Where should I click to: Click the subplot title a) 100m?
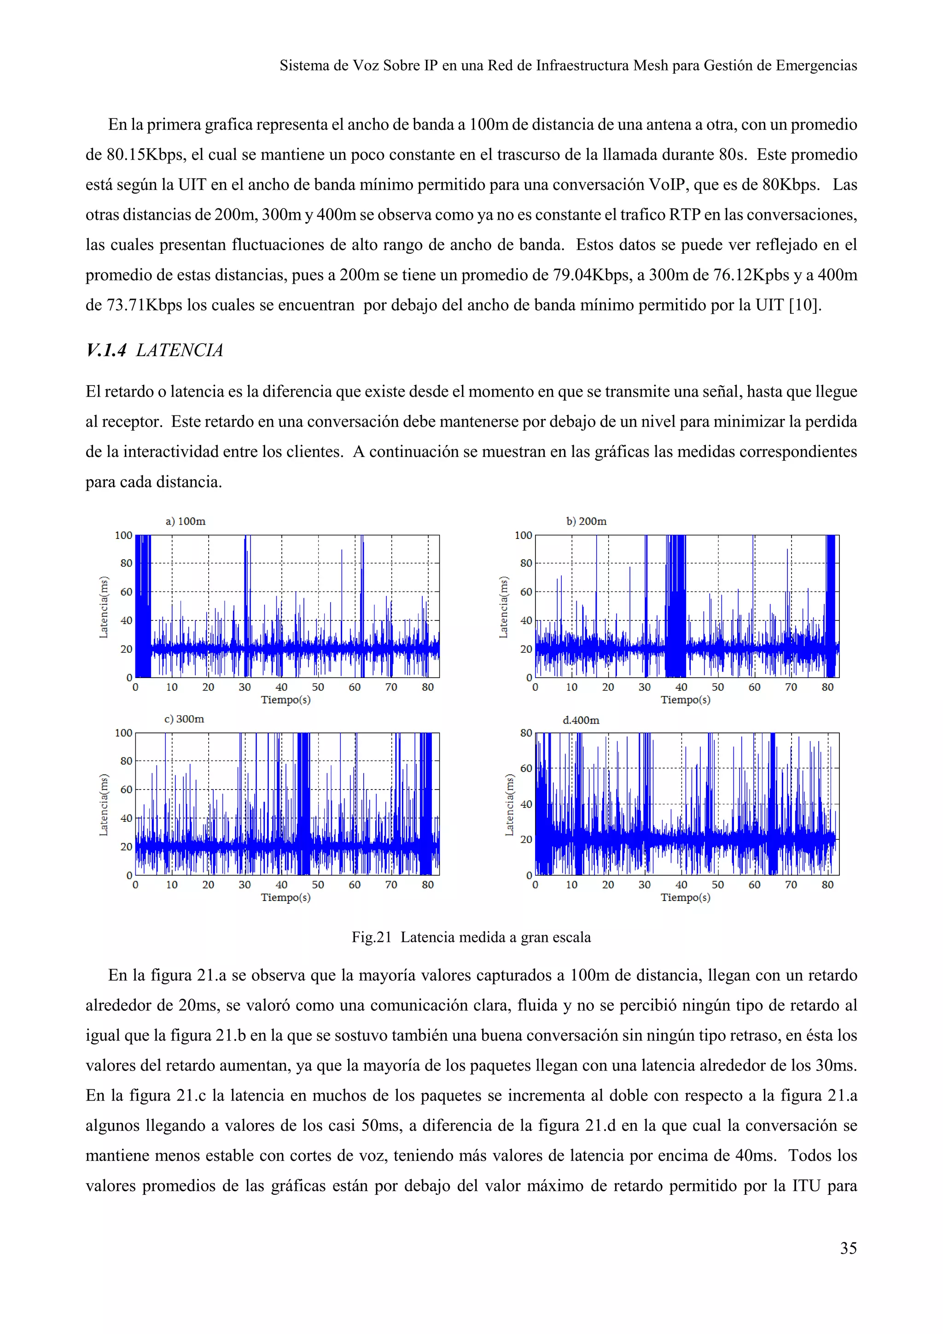[x=185, y=521]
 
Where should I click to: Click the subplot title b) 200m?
[x=586, y=521]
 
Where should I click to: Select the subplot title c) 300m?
[x=184, y=719]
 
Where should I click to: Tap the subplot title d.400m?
[x=581, y=720]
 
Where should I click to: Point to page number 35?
[x=848, y=1248]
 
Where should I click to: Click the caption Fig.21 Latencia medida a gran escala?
[x=471, y=937]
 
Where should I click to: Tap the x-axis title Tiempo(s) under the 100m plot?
[x=285, y=700]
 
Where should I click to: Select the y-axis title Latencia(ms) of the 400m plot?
[x=509, y=805]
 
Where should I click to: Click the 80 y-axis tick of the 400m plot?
[x=525, y=733]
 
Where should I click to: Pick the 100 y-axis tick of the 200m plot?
[x=523, y=535]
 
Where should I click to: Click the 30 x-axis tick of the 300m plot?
[x=245, y=885]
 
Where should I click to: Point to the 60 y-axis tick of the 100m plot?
[x=126, y=592]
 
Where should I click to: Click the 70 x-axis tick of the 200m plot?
[x=791, y=687]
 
